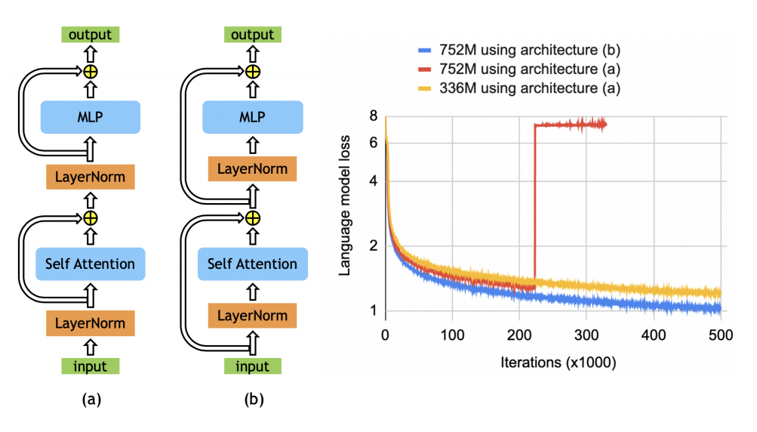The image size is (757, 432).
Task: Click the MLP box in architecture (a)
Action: (90, 117)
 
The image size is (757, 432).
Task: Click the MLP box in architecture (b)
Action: (253, 117)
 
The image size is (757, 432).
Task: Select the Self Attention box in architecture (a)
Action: (90, 264)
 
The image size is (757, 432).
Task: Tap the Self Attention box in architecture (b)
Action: (253, 264)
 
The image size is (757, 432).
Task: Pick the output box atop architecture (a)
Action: (90, 35)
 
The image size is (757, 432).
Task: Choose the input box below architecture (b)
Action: (253, 367)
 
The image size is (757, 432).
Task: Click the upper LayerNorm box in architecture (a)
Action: (90, 177)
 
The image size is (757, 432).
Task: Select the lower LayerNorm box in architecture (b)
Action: (253, 314)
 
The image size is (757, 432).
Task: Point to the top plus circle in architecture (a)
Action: (90, 72)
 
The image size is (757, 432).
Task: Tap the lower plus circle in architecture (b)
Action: (253, 218)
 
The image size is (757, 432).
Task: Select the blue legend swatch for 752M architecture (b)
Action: (423, 51)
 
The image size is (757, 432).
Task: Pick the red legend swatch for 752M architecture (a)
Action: (423, 69)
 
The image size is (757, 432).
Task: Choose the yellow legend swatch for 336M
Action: (423, 88)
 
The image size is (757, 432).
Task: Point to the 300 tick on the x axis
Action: (586, 334)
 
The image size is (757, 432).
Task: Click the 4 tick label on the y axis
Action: (371, 181)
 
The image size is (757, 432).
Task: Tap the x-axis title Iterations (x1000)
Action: (558, 363)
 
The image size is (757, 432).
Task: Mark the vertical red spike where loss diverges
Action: (534, 204)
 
